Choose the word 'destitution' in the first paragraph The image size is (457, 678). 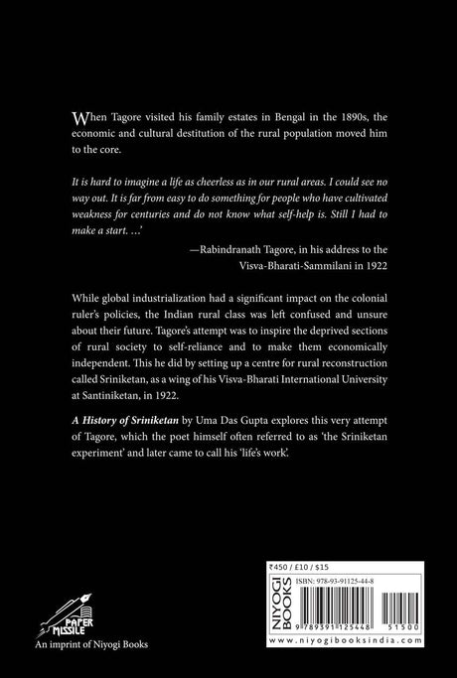click(x=215, y=135)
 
